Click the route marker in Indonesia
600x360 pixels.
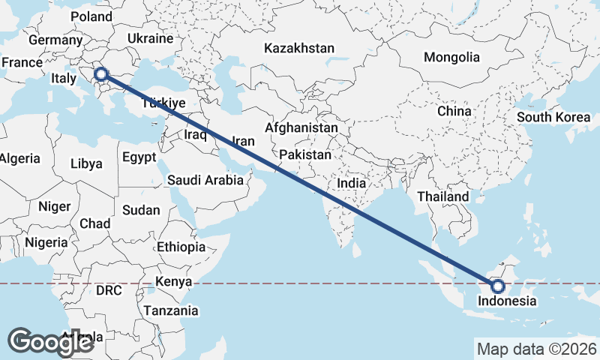[x=497, y=286]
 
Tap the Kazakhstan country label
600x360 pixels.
[x=298, y=48]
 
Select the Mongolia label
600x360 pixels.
[x=451, y=57]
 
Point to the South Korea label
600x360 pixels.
[x=553, y=117]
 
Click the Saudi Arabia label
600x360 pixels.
[x=205, y=180]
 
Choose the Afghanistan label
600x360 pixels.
[x=301, y=128]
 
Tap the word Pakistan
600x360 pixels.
[x=305, y=155]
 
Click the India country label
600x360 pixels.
[x=351, y=183]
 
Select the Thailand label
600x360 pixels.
[x=443, y=196]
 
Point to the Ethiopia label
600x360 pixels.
[x=181, y=247]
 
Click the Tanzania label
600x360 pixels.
[x=171, y=310]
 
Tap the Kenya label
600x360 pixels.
[x=173, y=282]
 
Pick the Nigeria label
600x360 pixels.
[x=46, y=242]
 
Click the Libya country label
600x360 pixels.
[x=86, y=163]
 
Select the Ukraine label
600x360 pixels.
[x=150, y=37]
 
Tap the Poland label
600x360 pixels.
[x=91, y=16]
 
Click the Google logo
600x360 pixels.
[x=50, y=342]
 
